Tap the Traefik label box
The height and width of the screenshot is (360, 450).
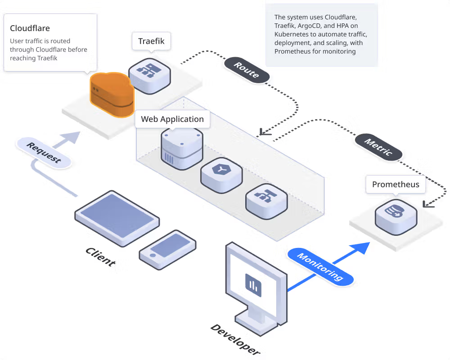[x=151, y=41]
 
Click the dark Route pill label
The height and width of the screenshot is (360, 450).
[x=247, y=70]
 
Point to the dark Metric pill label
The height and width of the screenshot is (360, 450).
[x=378, y=147]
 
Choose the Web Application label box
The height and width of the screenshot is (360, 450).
[x=172, y=119]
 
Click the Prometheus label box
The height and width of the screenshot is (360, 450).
[x=396, y=184]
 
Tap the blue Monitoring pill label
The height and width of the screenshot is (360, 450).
[x=320, y=267]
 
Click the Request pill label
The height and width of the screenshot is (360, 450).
[x=44, y=153]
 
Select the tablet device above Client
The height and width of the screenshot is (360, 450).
[x=117, y=218]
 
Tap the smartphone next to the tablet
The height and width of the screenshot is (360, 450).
[x=168, y=250]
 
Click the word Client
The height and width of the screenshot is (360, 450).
[x=100, y=256]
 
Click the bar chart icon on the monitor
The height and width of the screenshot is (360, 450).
[x=253, y=285]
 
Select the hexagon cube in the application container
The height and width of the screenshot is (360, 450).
[x=221, y=171]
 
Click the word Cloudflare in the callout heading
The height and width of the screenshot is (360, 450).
[x=30, y=28]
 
